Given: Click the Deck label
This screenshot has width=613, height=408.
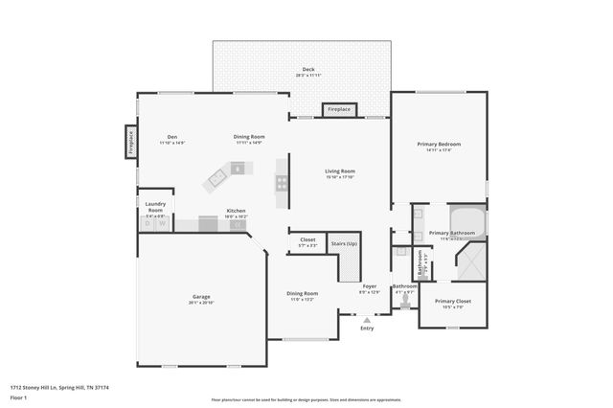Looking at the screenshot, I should pyautogui.click(x=307, y=70).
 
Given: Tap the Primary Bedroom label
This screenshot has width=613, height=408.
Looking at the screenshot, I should pyautogui.click(x=440, y=145).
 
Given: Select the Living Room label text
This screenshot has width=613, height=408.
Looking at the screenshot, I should pyautogui.click(x=340, y=171).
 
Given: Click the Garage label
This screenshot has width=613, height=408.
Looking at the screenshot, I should pyautogui.click(x=201, y=297).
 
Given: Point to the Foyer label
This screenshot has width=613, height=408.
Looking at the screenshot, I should pyautogui.click(x=369, y=286).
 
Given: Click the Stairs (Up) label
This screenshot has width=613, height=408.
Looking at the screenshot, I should pyautogui.click(x=344, y=244).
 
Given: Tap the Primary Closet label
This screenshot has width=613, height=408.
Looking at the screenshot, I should pyautogui.click(x=453, y=302).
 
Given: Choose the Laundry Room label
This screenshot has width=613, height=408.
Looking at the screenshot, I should pyautogui.click(x=155, y=207).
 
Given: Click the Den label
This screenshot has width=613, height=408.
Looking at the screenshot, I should pyautogui.click(x=172, y=137).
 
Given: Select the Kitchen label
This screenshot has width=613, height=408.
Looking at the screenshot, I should pyautogui.click(x=236, y=211).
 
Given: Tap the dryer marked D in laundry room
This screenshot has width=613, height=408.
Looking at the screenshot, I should pyautogui.click(x=148, y=224).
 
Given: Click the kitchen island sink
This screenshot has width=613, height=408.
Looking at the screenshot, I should pyautogui.click(x=217, y=176).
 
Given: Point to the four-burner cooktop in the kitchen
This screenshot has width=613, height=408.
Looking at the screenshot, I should pyautogui.click(x=282, y=182).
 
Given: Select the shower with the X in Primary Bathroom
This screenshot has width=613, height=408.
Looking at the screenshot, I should pyautogui.click(x=471, y=261).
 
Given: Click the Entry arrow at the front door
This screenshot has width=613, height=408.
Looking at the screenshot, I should pyautogui.click(x=367, y=320).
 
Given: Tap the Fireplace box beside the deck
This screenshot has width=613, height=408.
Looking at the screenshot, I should pyautogui.click(x=339, y=110).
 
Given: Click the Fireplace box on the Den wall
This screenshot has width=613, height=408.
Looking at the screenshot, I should pyautogui.click(x=131, y=142).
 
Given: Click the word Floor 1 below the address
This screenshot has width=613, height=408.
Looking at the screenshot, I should pyautogui.click(x=17, y=396).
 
